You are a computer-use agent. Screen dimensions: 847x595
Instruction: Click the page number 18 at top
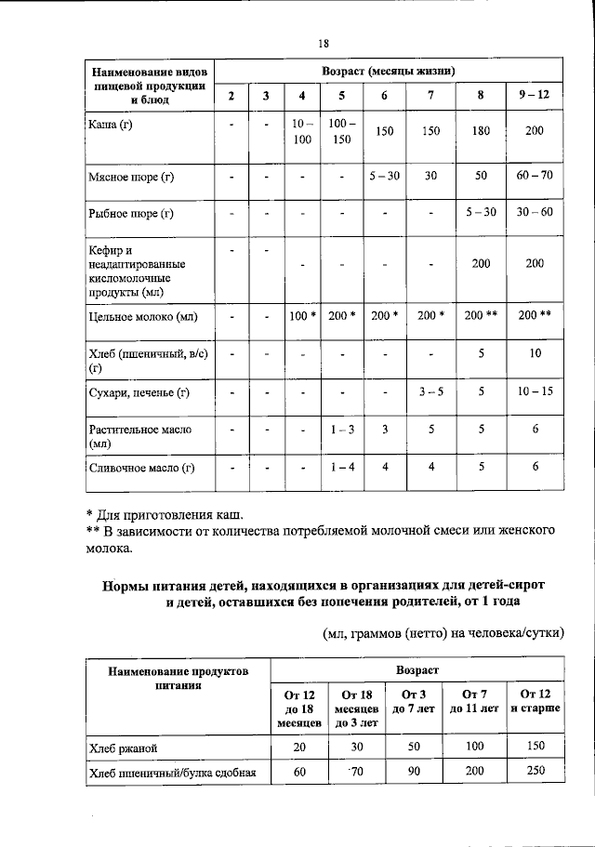pyautogui.click(x=324, y=43)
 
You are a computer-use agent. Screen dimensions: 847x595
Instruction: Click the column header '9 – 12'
pyautogui.click(x=534, y=96)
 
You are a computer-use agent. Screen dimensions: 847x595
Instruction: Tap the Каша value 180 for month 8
pyautogui.click(x=480, y=131)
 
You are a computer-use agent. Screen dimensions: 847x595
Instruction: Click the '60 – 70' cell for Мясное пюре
pyautogui.click(x=534, y=175)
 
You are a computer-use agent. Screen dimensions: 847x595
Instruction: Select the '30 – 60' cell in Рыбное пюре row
pyautogui.click(x=534, y=213)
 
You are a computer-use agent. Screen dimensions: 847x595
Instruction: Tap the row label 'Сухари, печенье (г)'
pyautogui.click(x=139, y=392)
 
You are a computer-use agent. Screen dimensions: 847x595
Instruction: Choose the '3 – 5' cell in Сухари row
pyautogui.click(x=430, y=392)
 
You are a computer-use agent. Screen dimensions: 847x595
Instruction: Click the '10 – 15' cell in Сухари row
pyautogui.click(x=534, y=392)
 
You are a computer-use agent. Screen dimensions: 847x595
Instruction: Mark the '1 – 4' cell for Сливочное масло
pyautogui.click(x=342, y=468)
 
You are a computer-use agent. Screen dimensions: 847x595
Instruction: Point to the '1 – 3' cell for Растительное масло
pyautogui.click(x=342, y=430)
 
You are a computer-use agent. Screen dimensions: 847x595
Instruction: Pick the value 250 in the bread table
pyautogui.click(x=535, y=771)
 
